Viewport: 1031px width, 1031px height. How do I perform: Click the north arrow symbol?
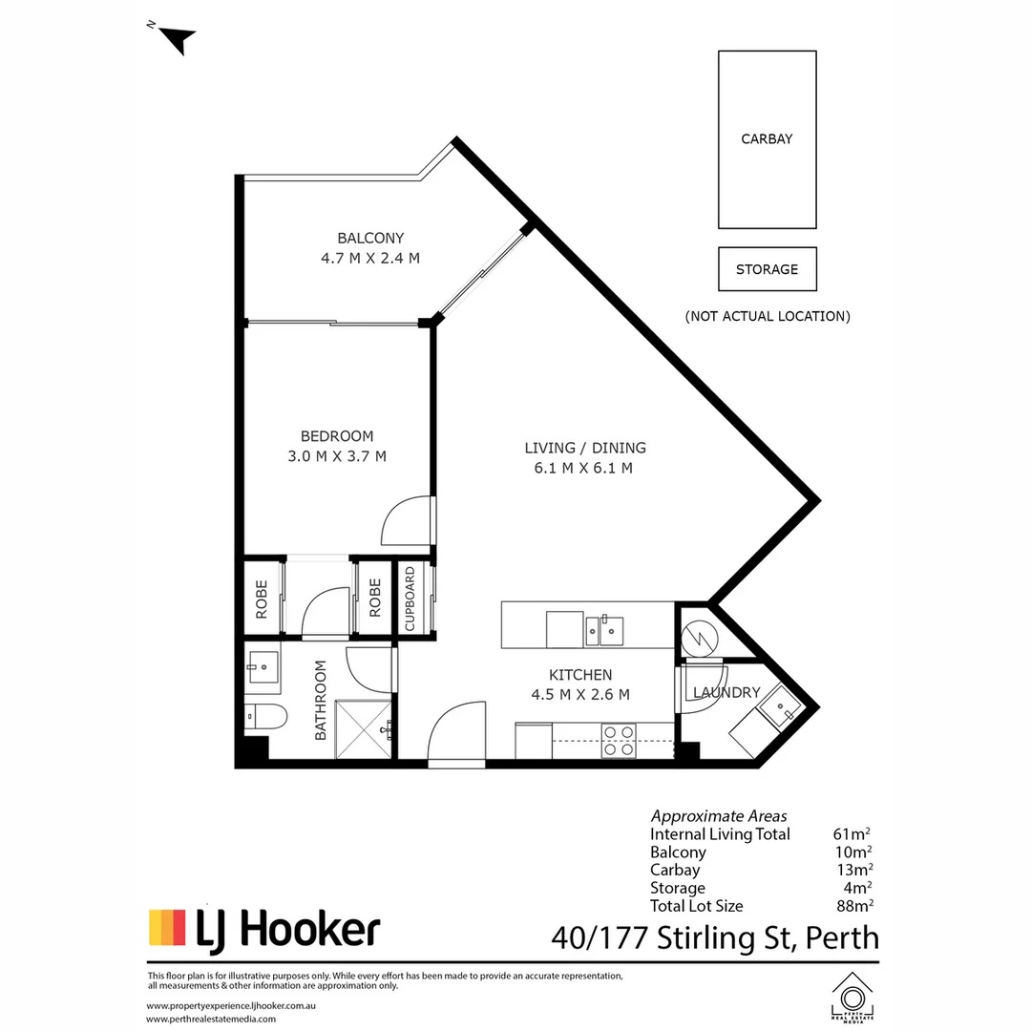point(178,39)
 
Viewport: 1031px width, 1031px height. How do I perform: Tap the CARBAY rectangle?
point(767,139)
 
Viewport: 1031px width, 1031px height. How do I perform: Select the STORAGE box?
point(767,269)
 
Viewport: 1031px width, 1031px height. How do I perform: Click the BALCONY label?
point(370,238)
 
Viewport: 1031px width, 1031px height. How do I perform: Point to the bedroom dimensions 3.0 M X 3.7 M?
point(337,456)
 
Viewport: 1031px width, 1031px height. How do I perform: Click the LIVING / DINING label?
point(585,447)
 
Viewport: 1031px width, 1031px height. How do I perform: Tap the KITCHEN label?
point(580,675)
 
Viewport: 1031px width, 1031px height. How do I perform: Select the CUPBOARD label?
point(410,600)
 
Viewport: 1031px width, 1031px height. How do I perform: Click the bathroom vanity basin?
point(262,666)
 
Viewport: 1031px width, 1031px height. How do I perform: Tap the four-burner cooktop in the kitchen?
point(619,742)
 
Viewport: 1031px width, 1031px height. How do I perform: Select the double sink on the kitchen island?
point(605,628)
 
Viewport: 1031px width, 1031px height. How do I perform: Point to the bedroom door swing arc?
point(405,521)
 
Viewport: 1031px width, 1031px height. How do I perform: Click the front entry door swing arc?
point(457,732)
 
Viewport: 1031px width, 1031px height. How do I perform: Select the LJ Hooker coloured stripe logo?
point(167,928)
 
